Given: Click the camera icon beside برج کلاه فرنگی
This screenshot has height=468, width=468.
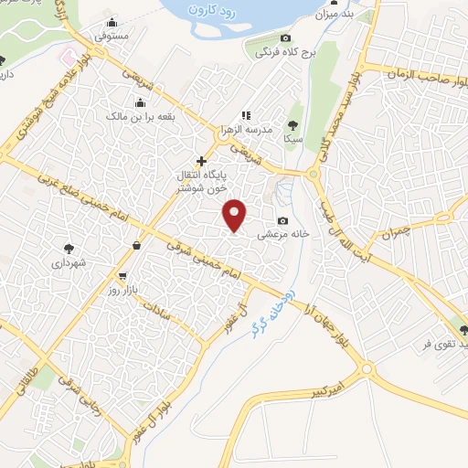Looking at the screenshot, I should [x=285, y=38].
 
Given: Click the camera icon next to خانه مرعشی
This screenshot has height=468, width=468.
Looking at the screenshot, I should [x=282, y=220].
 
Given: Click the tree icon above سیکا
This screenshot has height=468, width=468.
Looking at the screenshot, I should [x=292, y=124].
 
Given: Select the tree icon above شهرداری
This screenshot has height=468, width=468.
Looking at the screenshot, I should [x=69, y=246].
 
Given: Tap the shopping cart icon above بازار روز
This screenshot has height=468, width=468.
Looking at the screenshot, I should [x=122, y=275].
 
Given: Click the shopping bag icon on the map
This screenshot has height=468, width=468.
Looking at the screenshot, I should [x=136, y=244].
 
